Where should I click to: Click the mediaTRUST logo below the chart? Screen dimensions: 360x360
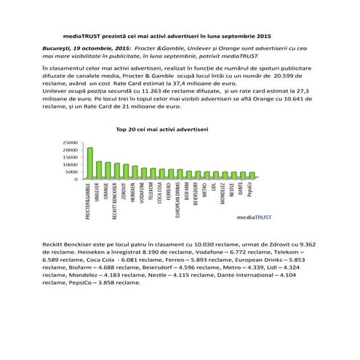[x=252, y=217]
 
